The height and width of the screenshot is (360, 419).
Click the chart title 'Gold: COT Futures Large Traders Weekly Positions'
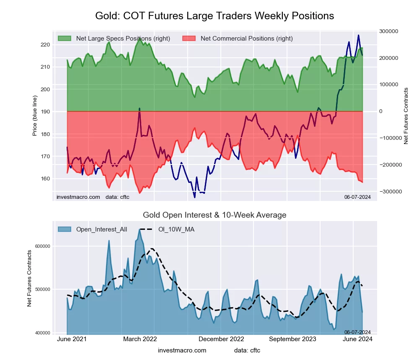point(215,16)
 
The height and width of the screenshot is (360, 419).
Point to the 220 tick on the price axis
point(45,45)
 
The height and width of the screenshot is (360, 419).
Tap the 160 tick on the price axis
point(45,179)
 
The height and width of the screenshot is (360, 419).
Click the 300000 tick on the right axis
point(388,31)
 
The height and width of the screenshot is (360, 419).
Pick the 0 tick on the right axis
point(381,111)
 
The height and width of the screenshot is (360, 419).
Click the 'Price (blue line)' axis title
point(35,111)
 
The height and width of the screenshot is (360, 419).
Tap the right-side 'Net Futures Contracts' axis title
point(406,116)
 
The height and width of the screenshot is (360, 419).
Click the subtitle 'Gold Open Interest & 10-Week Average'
point(215,215)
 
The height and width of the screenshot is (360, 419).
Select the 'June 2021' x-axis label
point(72,339)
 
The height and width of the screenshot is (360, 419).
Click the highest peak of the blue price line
point(358,35)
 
